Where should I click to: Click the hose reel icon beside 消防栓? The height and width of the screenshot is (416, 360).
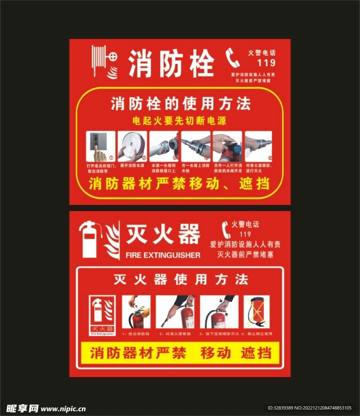pyautogui.click(x=100, y=61)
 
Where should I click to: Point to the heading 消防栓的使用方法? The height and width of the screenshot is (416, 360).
pyautogui.click(x=181, y=104)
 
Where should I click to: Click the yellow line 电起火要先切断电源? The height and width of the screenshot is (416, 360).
pyautogui.click(x=179, y=121)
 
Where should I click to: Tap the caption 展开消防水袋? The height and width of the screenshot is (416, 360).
pyautogui.click(x=132, y=166)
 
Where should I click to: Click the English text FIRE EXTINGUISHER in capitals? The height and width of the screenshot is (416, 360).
pyautogui.click(x=163, y=255)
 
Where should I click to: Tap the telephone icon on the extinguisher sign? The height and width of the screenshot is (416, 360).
pyautogui.click(x=226, y=230)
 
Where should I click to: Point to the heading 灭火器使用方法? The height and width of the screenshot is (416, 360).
pyautogui.click(x=181, y=279)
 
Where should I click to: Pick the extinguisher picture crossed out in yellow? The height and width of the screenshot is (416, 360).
pyautogui.click(x=256, y=312)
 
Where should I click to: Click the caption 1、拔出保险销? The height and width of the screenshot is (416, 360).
pyautogui.click(x=136, y=334)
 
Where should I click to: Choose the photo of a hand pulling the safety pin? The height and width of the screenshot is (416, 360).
pyautogui.click(x=136, y=312)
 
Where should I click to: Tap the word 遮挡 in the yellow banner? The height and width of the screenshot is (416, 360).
pyautogui.click(x=256, y=353)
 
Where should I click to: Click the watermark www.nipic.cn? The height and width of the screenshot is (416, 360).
pyautogui.click(x=63, y=407)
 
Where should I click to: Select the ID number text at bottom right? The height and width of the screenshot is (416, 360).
pyautogui.click(x=309, y=407)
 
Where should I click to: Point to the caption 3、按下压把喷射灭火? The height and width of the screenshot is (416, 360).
pyautogui.click(x=218, y=334)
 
